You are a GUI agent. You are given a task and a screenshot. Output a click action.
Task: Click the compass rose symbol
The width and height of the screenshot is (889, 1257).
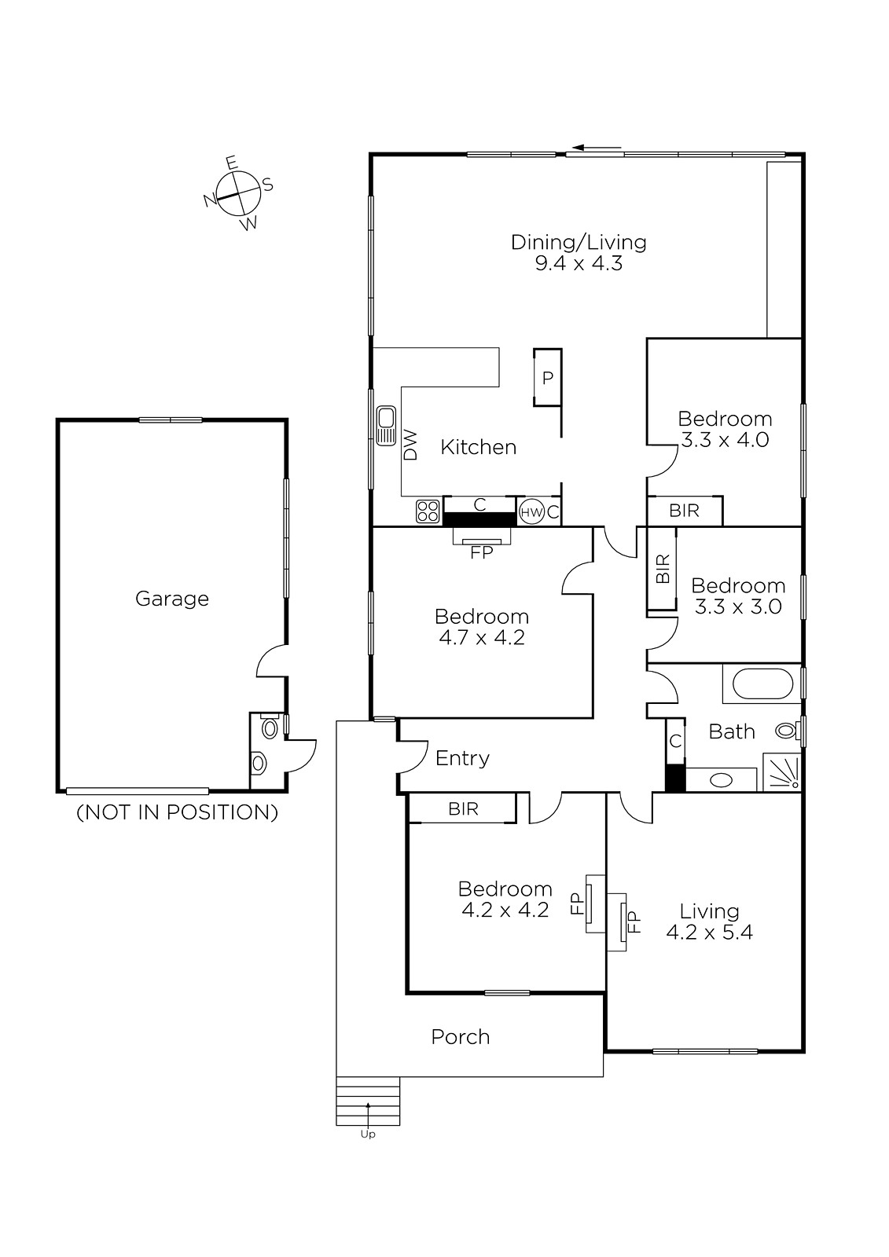point(239,193)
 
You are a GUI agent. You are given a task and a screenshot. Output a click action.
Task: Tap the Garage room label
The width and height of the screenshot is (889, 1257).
point(172,599)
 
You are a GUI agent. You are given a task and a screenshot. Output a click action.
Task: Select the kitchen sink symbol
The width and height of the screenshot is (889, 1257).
point(386,426)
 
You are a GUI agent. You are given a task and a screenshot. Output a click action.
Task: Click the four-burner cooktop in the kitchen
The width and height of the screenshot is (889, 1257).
point(428,511)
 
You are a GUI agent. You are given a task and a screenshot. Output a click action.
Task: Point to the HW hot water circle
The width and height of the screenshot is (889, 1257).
point(531,511)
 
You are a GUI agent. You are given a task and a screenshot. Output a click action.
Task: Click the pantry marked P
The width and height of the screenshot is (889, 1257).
point(548,378)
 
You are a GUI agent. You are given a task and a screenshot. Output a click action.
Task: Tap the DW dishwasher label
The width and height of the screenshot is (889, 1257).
point(411,445)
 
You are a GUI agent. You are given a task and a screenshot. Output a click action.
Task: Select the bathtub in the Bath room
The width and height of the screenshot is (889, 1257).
point(762,683)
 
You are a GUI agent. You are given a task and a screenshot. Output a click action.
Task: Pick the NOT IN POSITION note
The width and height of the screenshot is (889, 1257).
point(177,812)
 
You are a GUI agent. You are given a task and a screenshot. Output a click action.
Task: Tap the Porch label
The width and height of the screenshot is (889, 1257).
point(461,1037)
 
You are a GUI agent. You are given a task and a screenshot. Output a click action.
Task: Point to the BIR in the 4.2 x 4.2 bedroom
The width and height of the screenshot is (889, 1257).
point(463,808)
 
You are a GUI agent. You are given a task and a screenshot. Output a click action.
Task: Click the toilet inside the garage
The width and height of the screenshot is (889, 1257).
point(270,727)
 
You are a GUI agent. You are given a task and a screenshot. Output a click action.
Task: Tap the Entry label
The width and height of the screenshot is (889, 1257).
point(462,759)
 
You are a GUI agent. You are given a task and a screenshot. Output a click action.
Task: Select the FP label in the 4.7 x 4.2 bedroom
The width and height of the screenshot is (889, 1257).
point(481,553)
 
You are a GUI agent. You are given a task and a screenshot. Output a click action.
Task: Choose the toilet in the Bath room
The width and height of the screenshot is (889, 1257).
point(788,731)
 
